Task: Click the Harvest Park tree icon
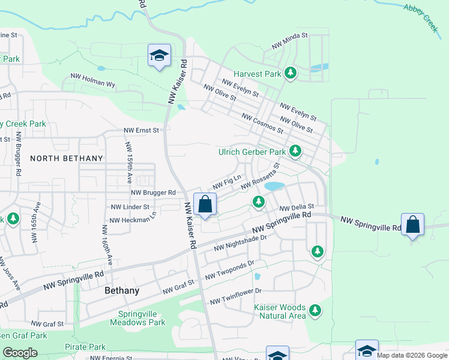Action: [x=291, y=73]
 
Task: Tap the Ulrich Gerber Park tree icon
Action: [x=295, y=151]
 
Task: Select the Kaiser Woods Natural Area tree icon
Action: [x=315, y=310]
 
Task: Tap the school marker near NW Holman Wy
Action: [x=159, y=56]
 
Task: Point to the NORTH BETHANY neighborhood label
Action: [x=67, y=158]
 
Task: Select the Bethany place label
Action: [x=122, y=290]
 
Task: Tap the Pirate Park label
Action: [x=85, y=347]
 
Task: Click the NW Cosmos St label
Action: [x=262, y=123]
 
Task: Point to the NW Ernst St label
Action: [x=142, y=130]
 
